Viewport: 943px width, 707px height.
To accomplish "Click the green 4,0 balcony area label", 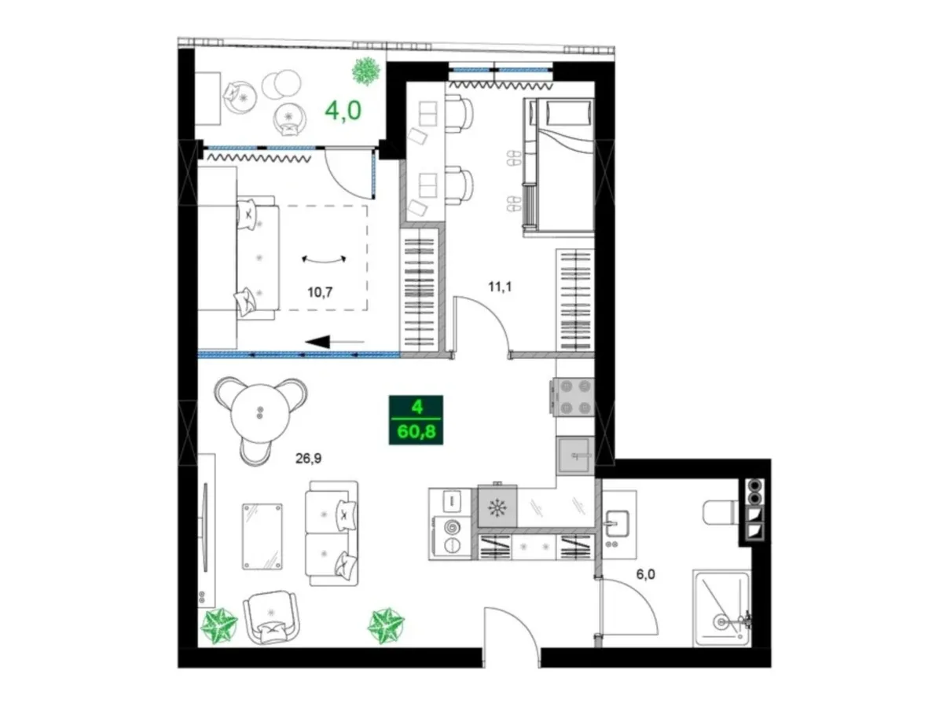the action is (x=343, y=110).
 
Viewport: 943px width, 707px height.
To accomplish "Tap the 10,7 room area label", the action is (x=320, y=292).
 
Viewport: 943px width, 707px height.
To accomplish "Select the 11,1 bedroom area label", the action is (x=500, y=286).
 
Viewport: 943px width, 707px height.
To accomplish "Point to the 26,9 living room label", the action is (x=308, y=459).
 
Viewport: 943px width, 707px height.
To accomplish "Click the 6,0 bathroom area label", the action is (x=645, y=574).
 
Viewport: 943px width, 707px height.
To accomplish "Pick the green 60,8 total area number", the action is (x=416, y=431).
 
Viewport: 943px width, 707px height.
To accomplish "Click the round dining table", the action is (x=259, y=413).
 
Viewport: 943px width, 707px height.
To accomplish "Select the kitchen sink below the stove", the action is (x=575, y=456).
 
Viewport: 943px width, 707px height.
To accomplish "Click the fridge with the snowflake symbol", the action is (x=497, y=507).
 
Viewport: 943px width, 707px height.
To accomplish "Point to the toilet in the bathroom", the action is (x=721, y=512).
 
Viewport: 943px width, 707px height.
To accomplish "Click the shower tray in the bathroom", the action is (x=721, y=607).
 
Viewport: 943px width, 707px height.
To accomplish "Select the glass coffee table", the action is (x=262, y=537).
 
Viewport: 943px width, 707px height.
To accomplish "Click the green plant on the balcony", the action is (x=366, y=71).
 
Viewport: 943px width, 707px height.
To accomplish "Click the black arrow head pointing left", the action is (x=317, y=342).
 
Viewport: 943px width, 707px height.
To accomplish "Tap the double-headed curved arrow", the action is (x=324, y=260).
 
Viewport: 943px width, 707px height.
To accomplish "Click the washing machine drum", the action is (x=452, y=526).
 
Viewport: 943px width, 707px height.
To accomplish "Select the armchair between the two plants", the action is (x=270, y=617).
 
